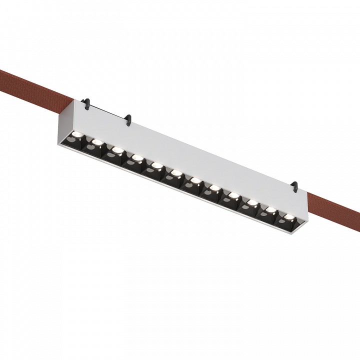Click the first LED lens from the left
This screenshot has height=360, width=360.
pos(79,134)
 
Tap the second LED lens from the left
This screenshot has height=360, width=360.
pos(97,142)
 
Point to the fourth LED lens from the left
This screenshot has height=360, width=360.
pos(135,157)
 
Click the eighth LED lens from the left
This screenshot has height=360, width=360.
pos(214,188)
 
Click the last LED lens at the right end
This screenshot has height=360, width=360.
pos(288,217)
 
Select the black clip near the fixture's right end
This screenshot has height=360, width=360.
pos(295,185)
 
